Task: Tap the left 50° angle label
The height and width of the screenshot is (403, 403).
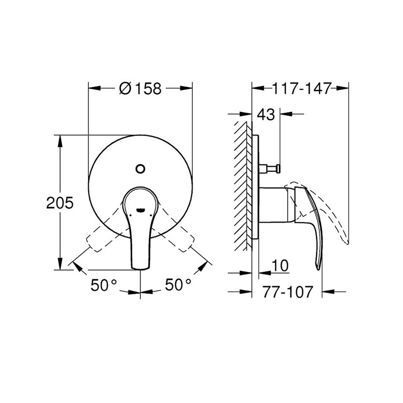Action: (104, 285)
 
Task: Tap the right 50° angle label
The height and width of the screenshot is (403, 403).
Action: (178, 285)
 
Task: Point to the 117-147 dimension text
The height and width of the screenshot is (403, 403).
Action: (302, 88)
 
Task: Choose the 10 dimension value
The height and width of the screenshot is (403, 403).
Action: (280, 266)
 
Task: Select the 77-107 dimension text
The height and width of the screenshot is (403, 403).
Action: (287, 291)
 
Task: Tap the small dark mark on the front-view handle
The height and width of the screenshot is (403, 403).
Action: (140, 210)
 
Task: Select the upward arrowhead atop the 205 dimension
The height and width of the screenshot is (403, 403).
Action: (60, 140)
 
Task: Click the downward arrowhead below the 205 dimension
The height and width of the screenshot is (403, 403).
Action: (60, 265)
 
